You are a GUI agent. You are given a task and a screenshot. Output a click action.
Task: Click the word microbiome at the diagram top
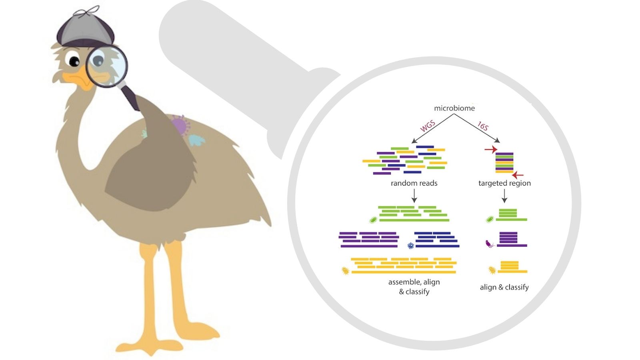coord(454,108)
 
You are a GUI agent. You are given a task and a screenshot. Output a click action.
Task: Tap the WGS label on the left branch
coord(428,126)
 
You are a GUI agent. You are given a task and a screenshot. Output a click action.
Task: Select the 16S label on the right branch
coord(483,126)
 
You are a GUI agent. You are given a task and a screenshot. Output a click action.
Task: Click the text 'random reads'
coord(414,183)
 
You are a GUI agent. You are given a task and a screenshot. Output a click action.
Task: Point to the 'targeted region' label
coord(504,183)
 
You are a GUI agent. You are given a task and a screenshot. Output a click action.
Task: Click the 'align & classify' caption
coord(504,287)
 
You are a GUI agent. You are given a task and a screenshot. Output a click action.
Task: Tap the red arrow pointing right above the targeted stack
coord(490,150)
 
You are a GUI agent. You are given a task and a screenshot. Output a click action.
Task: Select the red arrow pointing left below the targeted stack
coord(518,175)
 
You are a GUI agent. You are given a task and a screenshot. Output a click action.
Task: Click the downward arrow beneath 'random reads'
coord(414,196)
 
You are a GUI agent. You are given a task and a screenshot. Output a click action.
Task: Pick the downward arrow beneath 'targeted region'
coord(504,196)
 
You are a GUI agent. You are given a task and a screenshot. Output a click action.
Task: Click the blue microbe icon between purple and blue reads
coord(410,246)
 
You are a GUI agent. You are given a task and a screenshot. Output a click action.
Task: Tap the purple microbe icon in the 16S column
coord(489,244)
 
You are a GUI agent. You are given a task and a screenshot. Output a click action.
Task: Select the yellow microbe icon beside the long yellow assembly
coord(345,271)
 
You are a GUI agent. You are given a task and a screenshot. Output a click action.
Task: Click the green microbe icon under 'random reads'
coord(373,220)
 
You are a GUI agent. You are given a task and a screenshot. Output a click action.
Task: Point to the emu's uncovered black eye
coord(75,61)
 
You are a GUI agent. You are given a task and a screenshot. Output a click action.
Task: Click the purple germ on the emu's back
coord(180,125)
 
